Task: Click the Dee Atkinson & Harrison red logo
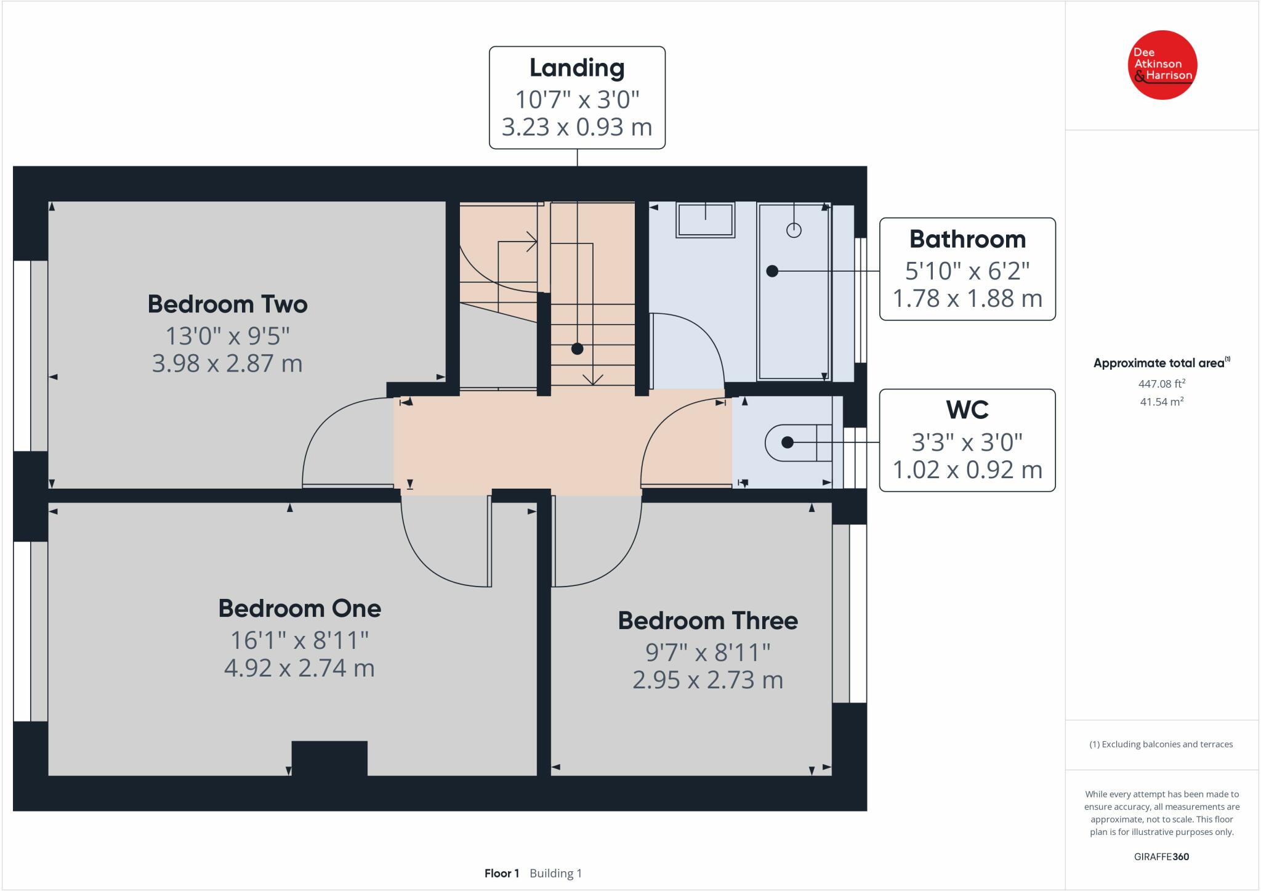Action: (1162, 65)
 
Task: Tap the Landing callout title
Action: (577, 68)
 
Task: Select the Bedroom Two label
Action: (227, 304)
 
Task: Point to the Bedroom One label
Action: (300, 609)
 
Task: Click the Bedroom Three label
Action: (707, 620)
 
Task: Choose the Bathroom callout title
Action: (967, 239)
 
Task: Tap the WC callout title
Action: (968, 410)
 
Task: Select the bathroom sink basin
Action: (706, 219)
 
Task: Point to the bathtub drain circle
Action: (794, 230)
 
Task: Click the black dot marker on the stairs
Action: (577, 349)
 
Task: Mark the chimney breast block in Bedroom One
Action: (329, 758)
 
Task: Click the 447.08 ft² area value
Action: (1162, 383)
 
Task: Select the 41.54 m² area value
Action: (1162, 402)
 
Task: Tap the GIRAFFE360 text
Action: (1161, 856)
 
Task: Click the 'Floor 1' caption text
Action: (502, 873)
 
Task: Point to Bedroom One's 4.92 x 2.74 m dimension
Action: (300, 668)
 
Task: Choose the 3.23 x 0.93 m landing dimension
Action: (577, 127)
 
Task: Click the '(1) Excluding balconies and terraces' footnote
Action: (1161, 744)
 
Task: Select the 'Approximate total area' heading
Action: (1159, 363)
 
